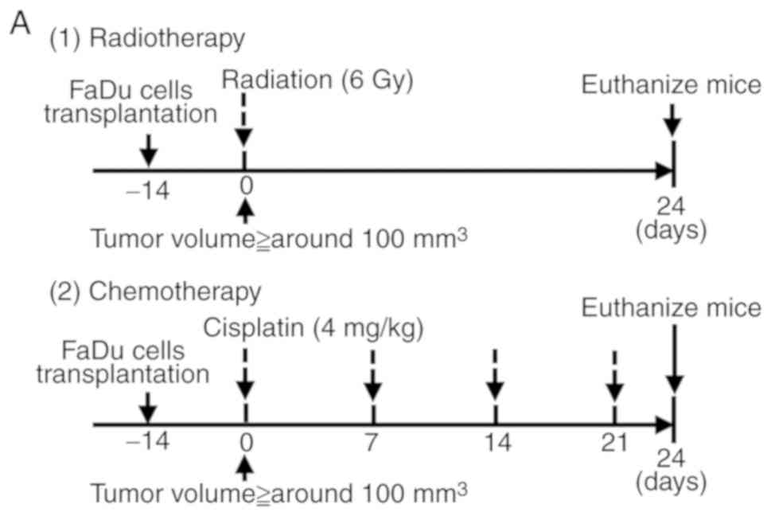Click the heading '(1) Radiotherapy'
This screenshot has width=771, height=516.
pos(147,39)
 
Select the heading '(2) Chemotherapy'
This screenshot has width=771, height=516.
pos(154,292)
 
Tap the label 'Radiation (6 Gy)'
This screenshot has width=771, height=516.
pos(317,80)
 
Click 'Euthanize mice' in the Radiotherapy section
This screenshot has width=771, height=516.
pos(671,85)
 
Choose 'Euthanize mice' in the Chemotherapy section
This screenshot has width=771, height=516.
pos(671,308)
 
